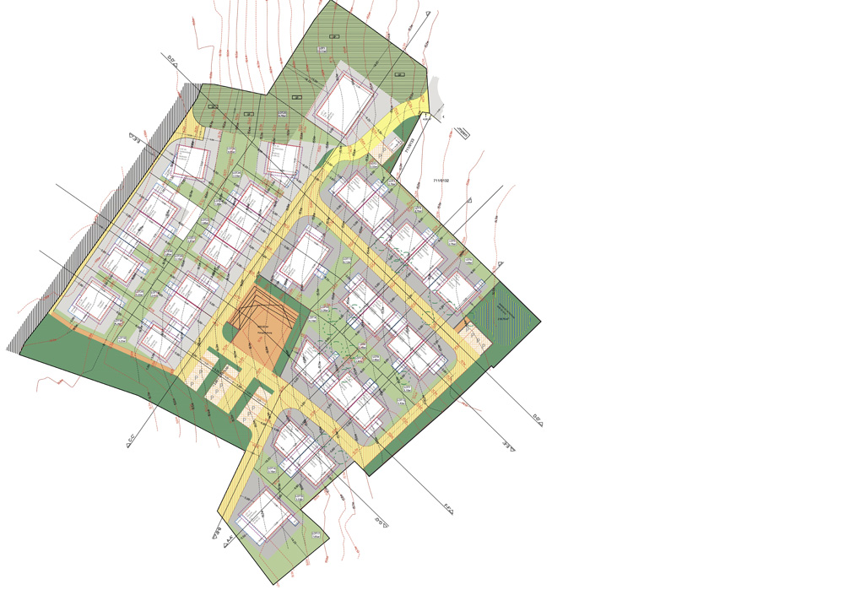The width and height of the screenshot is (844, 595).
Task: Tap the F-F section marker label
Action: point(448,509)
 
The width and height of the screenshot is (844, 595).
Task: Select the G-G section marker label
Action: point(381,522)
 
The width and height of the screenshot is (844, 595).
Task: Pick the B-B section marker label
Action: point(217,531)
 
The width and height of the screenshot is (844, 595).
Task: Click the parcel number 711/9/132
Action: point(441,181)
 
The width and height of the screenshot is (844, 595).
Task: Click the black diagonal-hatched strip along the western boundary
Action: point(101,211)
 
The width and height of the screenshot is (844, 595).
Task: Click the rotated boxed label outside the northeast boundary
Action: point(462,132)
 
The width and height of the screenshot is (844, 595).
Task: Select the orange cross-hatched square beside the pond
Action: point(476,338)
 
